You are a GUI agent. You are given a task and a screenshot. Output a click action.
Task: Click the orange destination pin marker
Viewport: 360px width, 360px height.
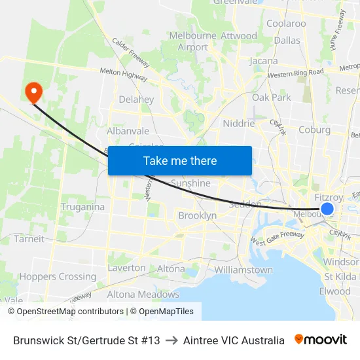32,92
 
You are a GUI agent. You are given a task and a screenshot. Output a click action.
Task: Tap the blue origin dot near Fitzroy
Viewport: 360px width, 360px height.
327,209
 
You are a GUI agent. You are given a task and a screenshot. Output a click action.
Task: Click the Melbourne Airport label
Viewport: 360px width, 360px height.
192,41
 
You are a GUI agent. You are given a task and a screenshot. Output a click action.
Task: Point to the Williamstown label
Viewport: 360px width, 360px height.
243,270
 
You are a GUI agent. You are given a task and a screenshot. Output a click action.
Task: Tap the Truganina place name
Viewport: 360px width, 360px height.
82,207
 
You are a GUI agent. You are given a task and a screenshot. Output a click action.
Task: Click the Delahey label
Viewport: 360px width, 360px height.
136,99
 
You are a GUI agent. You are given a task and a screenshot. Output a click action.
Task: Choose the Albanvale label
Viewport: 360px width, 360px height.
128,131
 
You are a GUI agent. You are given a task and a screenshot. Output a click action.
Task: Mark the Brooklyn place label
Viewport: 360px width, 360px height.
197,215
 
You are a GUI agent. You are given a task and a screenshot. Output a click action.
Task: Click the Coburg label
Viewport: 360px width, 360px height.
314,130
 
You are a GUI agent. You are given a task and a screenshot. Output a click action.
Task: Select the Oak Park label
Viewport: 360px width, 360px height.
272,98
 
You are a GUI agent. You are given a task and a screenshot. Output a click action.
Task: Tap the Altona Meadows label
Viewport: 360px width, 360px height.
143,295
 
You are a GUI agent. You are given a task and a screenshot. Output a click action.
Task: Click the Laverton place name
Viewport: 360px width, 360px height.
127,268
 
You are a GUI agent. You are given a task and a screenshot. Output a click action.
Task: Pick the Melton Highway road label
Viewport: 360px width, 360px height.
123,74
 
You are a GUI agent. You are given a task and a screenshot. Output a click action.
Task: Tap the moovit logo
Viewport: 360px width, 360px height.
321,340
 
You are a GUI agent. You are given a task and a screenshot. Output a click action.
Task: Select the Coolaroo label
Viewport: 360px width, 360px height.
286,24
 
